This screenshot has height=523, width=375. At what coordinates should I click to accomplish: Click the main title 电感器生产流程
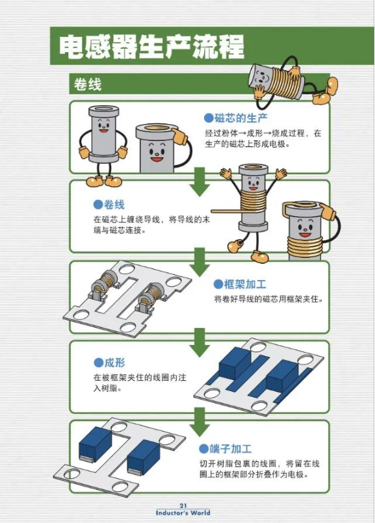(x=152, y=47)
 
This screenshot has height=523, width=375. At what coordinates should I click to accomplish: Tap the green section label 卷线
(x=87, y=84)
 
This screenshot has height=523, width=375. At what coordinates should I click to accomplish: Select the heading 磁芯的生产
(x=241, y=118)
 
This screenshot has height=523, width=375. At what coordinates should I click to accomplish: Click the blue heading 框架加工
(x=245, y=284)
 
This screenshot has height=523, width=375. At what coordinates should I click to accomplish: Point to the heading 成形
(x=115, y=363)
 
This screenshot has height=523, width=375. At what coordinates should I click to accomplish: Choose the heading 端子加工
(x=230, y=449)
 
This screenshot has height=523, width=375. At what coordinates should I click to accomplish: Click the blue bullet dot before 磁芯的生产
(x=209, y=118)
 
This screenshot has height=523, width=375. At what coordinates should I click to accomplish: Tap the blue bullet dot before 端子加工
(x=203, y=449)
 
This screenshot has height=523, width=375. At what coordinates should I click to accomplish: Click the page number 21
(x=183, y=505)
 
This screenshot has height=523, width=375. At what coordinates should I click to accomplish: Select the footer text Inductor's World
(x=183, y=513)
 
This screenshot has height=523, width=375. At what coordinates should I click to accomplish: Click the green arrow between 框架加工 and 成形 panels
(x=200, y=342)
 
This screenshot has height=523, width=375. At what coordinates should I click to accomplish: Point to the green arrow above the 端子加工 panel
(x=200, y=422)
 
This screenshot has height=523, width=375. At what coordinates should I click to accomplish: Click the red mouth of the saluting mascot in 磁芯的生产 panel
(x=157, y=159)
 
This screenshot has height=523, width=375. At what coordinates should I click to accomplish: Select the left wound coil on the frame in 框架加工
(x=104, y=284)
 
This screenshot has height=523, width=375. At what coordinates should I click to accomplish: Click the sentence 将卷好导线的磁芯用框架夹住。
(x=269, y=299)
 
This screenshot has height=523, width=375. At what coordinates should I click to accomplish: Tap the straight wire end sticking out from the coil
(x=226, y=211)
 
